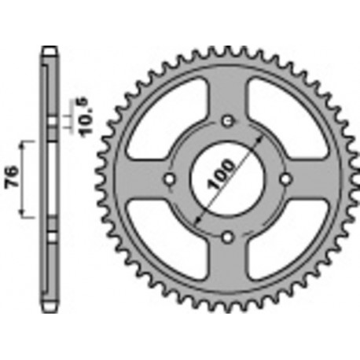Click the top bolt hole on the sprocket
[228, 120]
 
